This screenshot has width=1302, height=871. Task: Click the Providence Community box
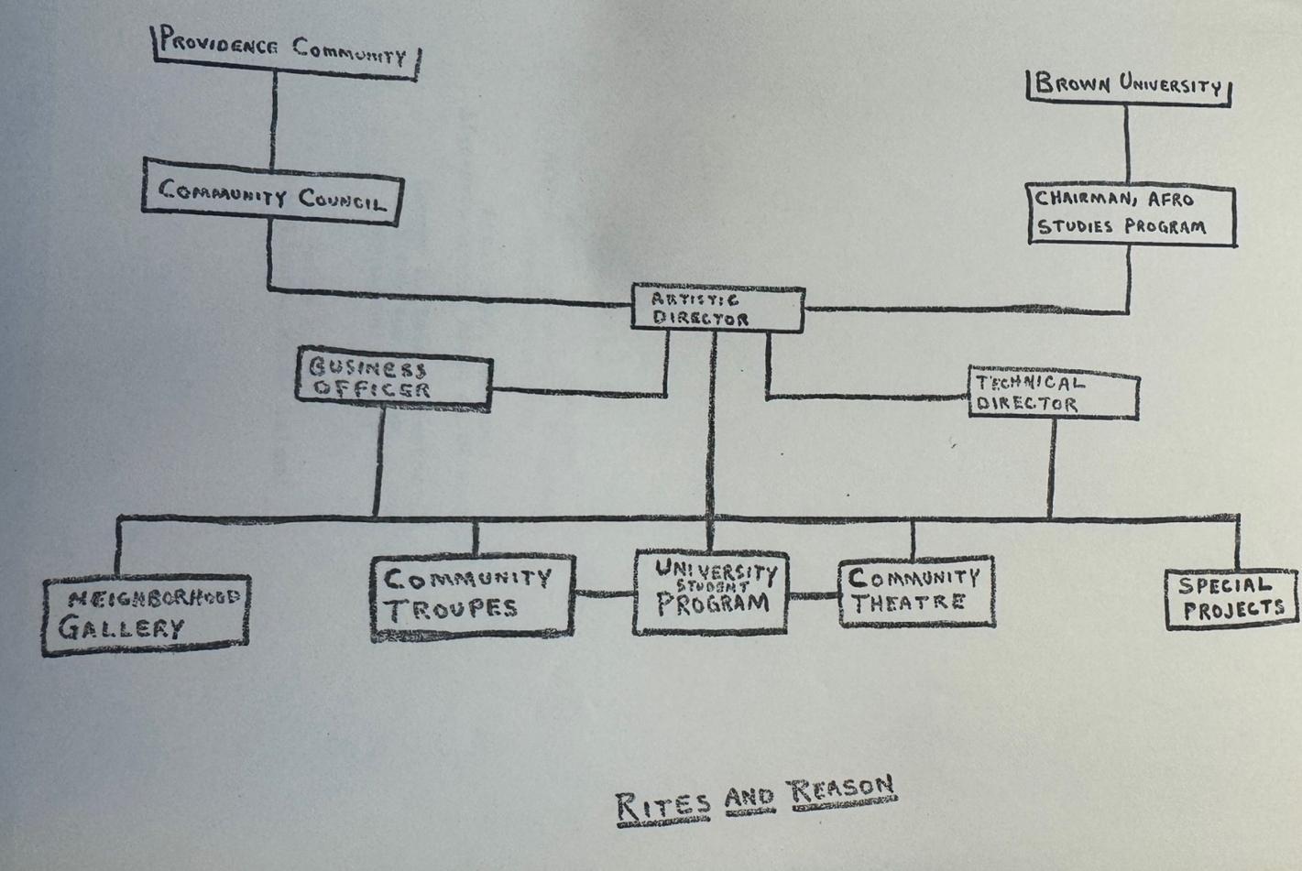(284, 51)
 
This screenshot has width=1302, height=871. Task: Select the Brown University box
(1128, 87)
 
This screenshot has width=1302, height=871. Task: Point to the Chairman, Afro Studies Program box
(1131, 214)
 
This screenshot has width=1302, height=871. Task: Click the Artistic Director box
(717, 310)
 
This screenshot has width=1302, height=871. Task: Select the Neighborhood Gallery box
(147, 615)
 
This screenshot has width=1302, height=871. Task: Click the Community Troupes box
(473, 595)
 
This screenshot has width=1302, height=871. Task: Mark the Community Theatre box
(916, 591)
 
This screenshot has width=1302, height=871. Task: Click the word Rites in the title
(662, 805)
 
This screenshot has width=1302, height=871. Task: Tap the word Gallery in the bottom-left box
(122, 627)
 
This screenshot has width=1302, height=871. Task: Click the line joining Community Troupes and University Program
(605, 593)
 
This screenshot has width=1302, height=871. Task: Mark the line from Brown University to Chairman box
(1127, 142)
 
